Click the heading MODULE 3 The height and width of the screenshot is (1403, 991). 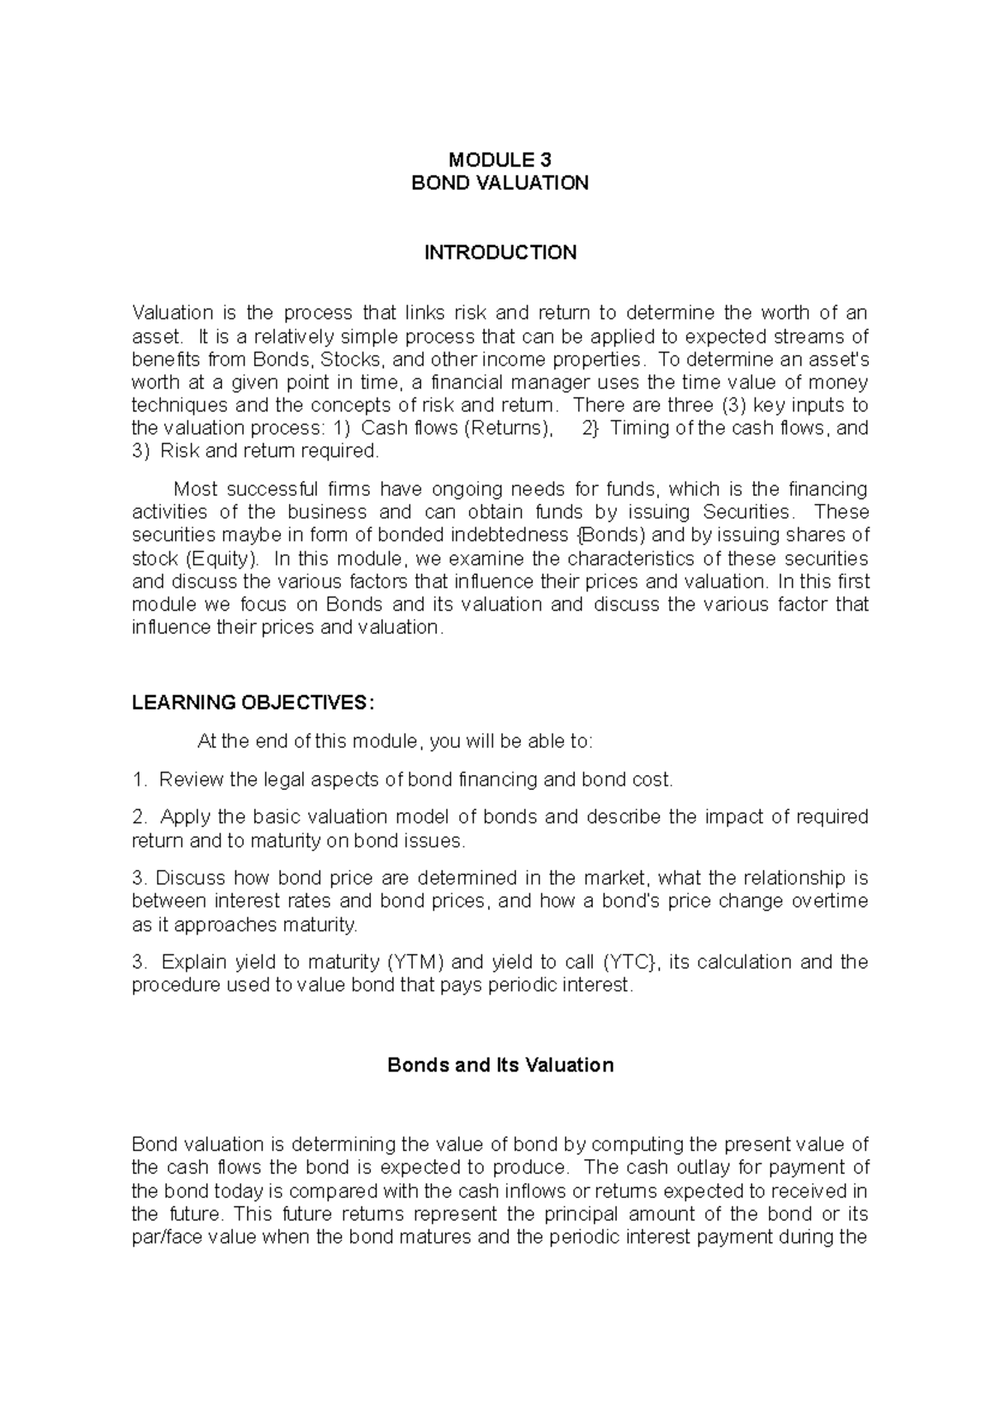pyautogui.click(x=500, y=160)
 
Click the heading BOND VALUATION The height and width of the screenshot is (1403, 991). pyautogui.click(x=500, y=183)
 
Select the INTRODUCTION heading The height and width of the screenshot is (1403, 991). pyautogui.click(x=500, y=253)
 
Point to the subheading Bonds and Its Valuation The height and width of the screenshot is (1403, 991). pyautogui.click(x=500, y=1065)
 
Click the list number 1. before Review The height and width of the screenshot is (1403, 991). pyautogui.click(x=139, y=779)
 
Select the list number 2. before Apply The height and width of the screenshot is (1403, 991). pyautogui.click(x=139, y=817)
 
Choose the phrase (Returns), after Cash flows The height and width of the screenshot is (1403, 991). pyautogui.click(x=506, y=428)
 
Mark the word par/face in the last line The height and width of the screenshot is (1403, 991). pyautogui.click(x=162, y=1237)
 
